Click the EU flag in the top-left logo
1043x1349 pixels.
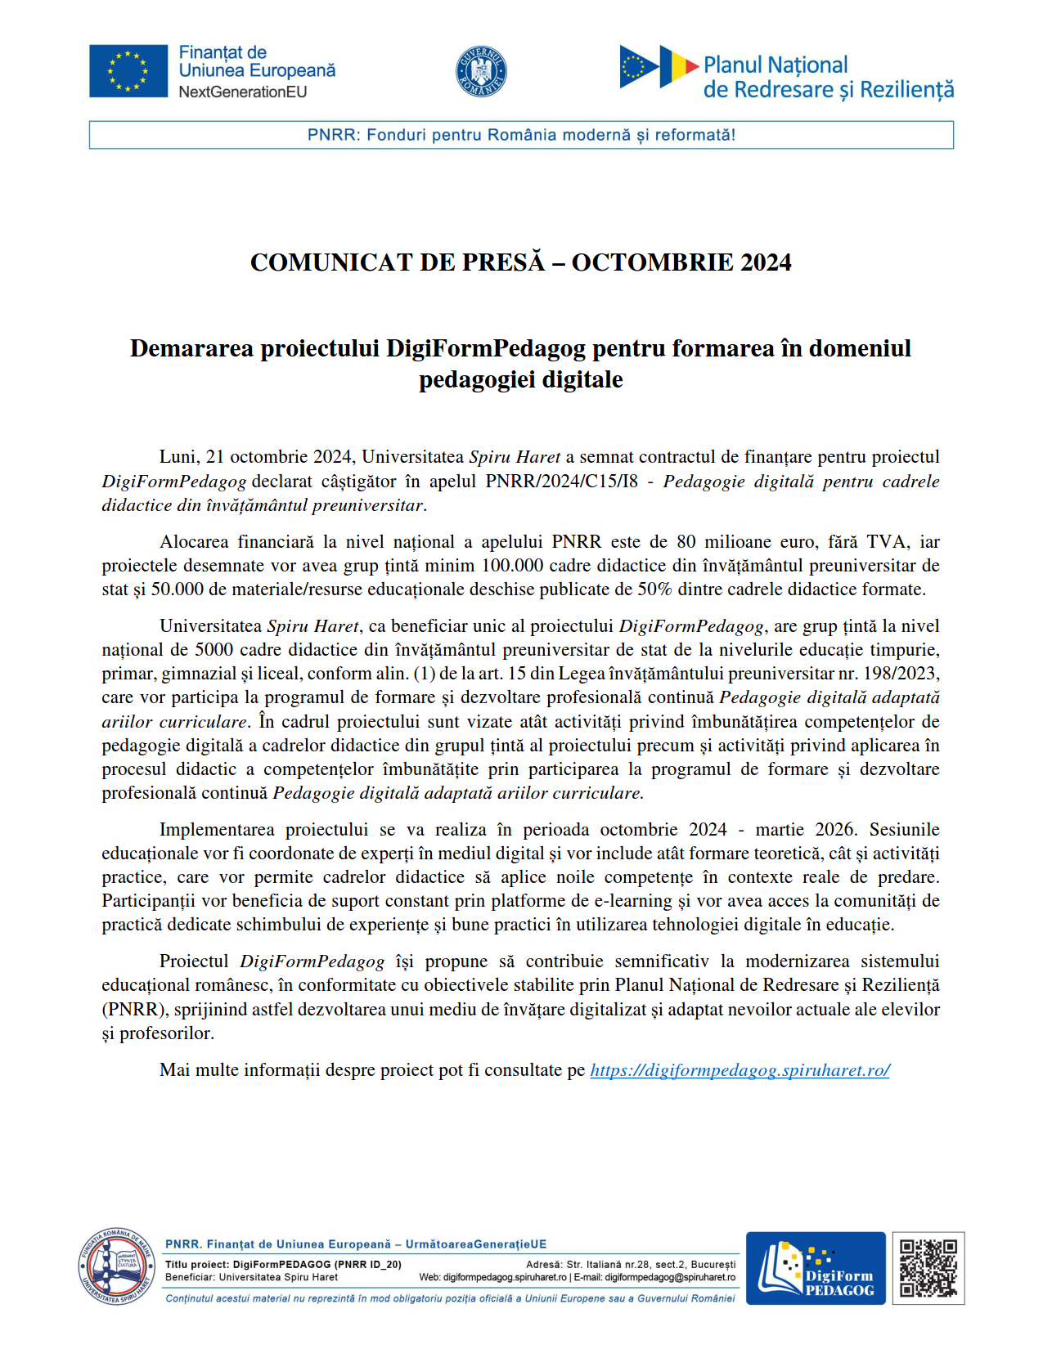(x=128, y=71)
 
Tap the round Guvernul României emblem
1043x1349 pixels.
(x=481, y=71)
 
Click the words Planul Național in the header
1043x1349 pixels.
(x=775, y=65)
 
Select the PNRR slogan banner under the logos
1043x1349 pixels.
(x=521, y=135)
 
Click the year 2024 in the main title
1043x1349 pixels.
(x=766, y=262)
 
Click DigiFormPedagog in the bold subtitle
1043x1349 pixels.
(x=486, y=348)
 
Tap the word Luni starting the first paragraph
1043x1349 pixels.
(x=178, y=457)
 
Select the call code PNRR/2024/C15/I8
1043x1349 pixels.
(x=561, y=481)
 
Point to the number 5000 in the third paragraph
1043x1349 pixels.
(x=214, y=650)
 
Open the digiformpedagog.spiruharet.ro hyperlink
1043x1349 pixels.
(x=740, y=1070)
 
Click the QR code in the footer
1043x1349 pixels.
(x=928, y=1268)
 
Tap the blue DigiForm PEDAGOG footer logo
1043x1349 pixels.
(x=815, y=1268)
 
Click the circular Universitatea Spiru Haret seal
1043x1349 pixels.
(x=116, y=1266)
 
